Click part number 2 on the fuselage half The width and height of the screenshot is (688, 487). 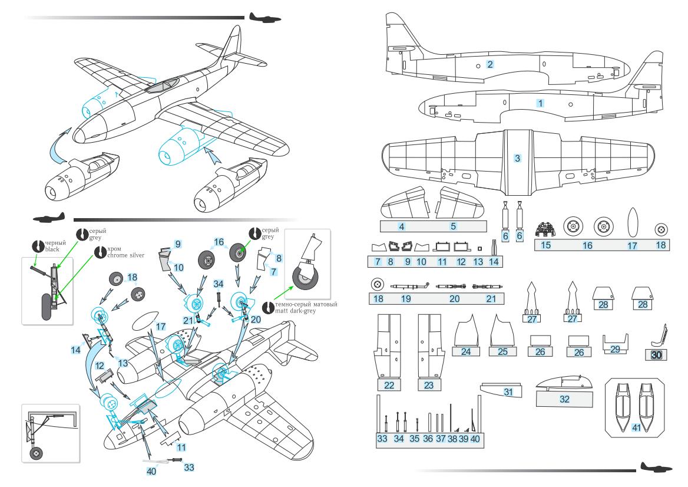(489, 64)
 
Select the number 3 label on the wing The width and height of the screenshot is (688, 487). (517, 158)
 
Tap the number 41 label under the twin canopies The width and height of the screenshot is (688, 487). (636, 427)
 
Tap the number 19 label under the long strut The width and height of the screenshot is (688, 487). (406, 298)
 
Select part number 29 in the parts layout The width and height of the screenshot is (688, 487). (615, 349)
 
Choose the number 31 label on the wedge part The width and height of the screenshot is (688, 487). (508, 391)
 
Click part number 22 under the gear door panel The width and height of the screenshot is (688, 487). (389, 384)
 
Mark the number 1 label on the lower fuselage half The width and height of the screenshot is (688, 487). (540, 102)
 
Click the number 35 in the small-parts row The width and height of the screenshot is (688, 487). (414, 438)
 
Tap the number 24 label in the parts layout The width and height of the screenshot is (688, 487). (467, 351)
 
